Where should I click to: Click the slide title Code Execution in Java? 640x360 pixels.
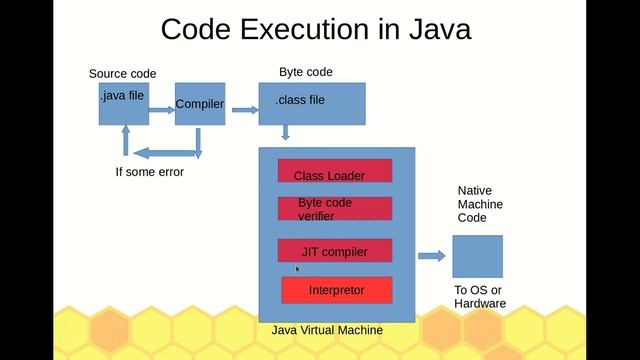316,28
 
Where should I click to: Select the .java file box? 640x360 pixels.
124,104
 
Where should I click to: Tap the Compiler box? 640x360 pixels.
200,104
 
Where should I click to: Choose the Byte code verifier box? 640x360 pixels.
335,208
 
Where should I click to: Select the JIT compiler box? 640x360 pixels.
335,251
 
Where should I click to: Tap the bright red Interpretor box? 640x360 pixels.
336,290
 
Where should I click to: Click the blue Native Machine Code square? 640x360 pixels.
477,256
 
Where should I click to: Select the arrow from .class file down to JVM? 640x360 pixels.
286,132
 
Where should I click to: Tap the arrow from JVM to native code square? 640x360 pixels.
431,256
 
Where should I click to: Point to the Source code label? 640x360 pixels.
122,73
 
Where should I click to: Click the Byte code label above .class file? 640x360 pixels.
305,72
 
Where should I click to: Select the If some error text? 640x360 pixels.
150,172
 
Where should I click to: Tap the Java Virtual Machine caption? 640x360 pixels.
327,330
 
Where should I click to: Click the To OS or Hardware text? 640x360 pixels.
480,297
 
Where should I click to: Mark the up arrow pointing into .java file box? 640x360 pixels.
126,140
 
